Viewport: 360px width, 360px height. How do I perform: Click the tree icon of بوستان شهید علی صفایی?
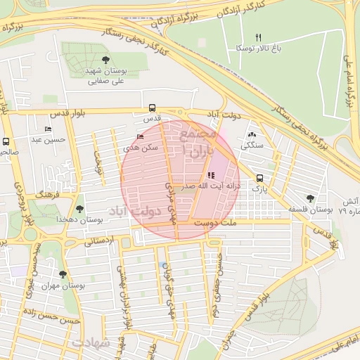click(105, 60)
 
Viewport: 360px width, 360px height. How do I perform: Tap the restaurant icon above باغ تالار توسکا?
click(258, 37)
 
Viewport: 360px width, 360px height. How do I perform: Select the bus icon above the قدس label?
click(152, 108)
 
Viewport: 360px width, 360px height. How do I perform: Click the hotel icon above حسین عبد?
click(47, 129)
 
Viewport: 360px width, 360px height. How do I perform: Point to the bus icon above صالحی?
click(6, 141)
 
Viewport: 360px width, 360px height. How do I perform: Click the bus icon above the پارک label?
click(260, 179)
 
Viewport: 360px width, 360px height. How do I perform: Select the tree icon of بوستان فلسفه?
click(310, 198)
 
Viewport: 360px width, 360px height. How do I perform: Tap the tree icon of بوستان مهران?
click(63, 275)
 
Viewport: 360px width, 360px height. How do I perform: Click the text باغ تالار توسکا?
click(259, 49)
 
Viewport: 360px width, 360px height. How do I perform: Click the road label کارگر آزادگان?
click(219, 11)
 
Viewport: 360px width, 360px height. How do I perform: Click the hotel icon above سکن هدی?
click(140, 136)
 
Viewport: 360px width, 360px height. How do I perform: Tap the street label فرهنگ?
click(48, 191)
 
